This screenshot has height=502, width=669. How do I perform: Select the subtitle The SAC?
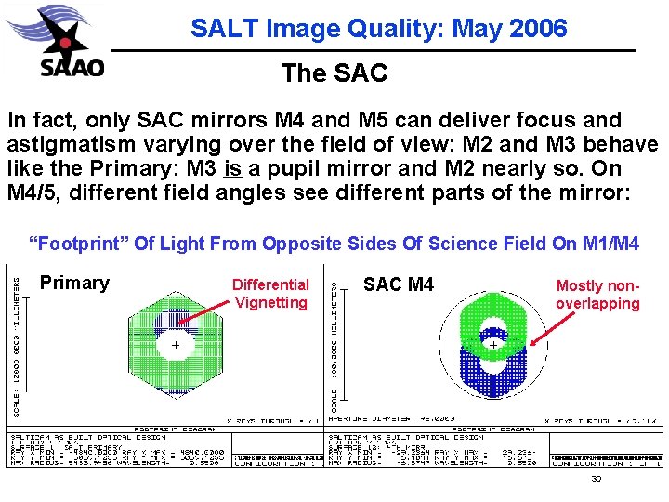tap(334, 73)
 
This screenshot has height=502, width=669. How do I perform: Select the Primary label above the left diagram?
tap(74, 283)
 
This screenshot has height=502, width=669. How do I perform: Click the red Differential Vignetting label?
tap(270, 294)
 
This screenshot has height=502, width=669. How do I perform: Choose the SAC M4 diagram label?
tap(398, 284)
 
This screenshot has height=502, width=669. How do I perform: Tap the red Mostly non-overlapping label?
tap(597, 295)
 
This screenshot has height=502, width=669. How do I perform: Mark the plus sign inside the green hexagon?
tap(174, 344)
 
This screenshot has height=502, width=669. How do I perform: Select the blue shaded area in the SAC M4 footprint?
tap(492, 381)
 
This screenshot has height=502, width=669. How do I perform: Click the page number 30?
tap(597, 479)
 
